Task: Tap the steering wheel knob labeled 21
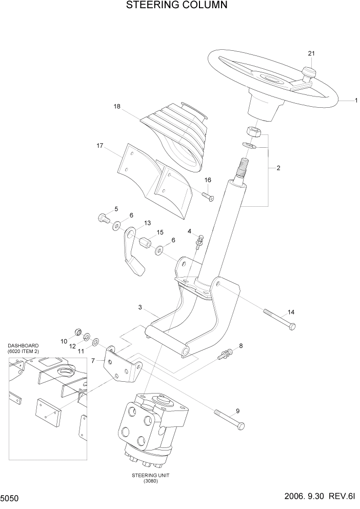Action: (x=308, y=73)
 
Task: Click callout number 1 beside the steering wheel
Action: (x=356, y=101)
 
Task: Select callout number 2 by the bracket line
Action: (x=278, y=168)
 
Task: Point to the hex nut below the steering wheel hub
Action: (x=254, y=132)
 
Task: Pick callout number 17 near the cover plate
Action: (x=101, y=146)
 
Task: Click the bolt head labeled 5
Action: (x=102, y=218)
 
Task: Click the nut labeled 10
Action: (x=78, y=332)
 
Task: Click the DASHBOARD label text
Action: (x=23, y=345)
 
